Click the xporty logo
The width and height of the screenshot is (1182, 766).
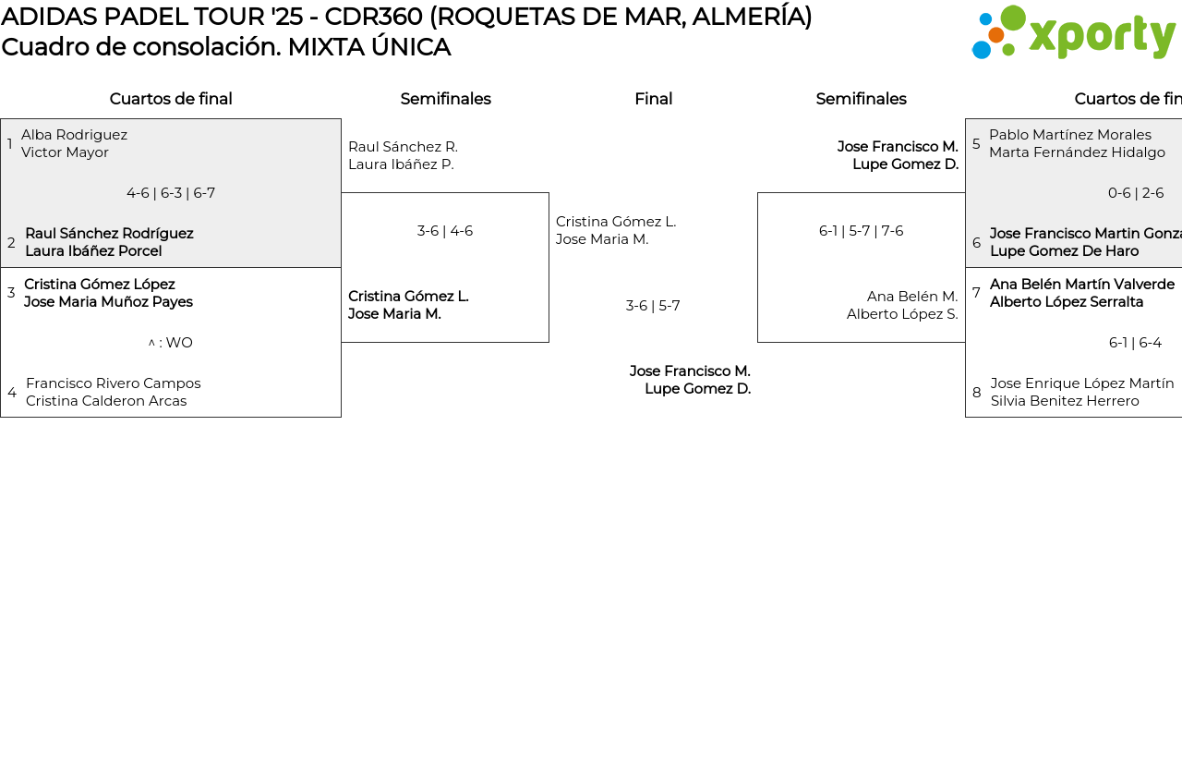(1073, 33)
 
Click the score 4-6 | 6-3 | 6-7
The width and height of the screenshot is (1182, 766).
(171, 193)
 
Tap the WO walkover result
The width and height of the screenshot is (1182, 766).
(171, 343)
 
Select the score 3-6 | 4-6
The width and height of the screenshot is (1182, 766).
(445, 231)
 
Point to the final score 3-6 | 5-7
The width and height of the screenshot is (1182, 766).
(653, 306)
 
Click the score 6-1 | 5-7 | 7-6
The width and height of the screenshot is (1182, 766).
(861, 231)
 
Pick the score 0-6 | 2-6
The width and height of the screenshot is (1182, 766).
(1136, 193)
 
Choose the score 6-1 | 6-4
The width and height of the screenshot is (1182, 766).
(1135, 343)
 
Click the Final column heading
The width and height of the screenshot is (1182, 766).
(653, 99)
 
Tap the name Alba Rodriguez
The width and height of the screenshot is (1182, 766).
(75, 135)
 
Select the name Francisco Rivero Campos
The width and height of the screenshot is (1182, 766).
(113, 383)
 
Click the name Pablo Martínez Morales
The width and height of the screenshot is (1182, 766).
(1070, 135)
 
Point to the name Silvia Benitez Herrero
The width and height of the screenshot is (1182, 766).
(1065, 401)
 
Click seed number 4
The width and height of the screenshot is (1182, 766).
(12, 393)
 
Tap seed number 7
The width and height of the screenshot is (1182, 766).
(976, 293)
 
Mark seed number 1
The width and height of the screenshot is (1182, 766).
(10, 144)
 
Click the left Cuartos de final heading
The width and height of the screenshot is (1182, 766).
(171, 99)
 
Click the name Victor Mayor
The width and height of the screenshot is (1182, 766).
(65, 152)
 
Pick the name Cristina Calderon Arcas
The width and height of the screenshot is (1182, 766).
(106, 401)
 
